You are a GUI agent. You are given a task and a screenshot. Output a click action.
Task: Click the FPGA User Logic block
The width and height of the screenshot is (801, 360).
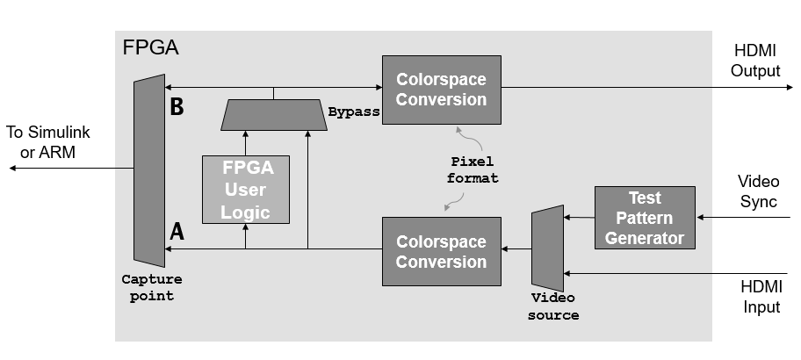(x=245, y=190)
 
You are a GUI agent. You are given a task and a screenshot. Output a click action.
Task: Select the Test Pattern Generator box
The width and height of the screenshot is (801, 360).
(x=645, y=217)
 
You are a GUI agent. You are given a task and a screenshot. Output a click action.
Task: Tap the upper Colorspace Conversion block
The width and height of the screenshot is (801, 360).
(x=441, y=90)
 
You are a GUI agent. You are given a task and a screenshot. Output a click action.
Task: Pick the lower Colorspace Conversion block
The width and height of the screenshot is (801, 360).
(x=441, y=251)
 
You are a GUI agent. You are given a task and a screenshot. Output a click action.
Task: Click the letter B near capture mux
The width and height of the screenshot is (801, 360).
(x=177, y=107)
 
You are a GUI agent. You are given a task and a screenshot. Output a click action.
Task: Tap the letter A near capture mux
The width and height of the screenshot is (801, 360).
(x=177, y=232)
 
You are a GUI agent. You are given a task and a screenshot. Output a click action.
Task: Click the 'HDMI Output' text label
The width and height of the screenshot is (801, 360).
(x=755, y=61)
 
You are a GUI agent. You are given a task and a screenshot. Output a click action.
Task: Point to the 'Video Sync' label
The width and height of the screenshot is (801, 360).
(x=758, y=191)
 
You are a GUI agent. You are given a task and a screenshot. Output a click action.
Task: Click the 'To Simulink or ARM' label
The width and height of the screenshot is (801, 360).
(x=48, y=142)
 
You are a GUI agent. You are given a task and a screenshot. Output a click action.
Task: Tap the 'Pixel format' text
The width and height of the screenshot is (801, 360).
(x=474, y=170)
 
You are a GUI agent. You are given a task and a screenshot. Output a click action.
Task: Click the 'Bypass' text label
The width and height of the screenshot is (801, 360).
(x=353, y=112)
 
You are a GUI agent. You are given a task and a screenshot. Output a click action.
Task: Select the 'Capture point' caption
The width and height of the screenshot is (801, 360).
(x=152, y=288)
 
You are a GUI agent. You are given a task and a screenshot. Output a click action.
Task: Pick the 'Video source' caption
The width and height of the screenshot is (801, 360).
(x=553, y=306)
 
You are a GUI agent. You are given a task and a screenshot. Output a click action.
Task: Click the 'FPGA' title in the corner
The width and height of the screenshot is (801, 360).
(x=150, y=47)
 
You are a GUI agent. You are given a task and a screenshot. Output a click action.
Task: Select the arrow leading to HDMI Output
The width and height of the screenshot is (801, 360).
(x=641, y=86)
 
